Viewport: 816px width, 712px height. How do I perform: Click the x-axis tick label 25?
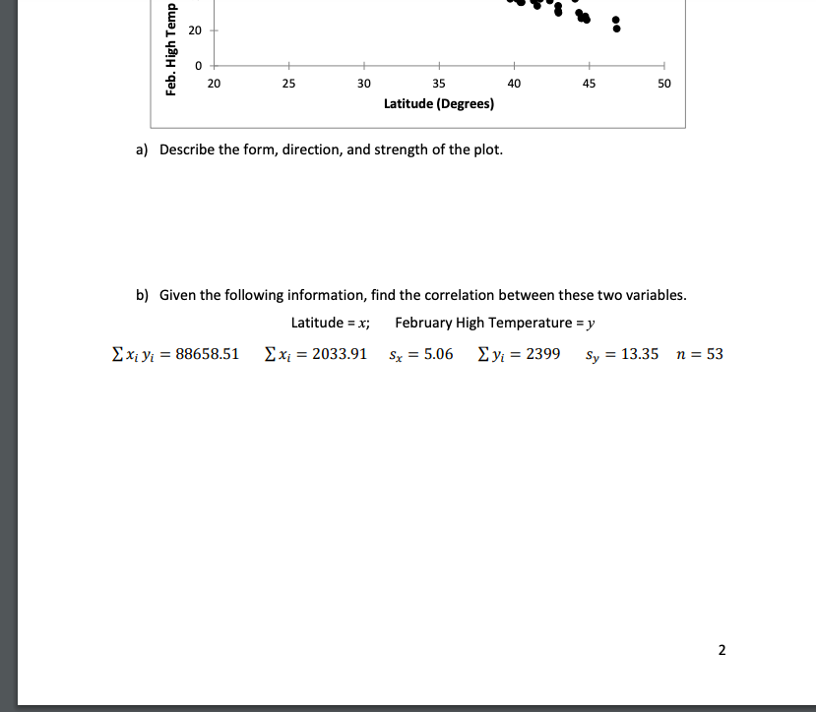pos(288,85)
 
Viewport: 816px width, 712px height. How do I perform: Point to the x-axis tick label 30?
pos(364,85)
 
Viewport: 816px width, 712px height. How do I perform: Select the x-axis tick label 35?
pos(439,85)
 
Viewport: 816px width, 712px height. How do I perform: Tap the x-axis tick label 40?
pos(514,85)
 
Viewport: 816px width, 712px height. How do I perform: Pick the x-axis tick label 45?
pos(589,85)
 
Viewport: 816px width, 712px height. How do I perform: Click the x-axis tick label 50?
pos(664,85)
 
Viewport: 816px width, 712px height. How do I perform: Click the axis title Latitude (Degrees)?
pos(439,103)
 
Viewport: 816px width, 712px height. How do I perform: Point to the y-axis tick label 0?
pos(197,66)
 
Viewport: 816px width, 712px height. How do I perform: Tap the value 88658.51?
pos(207,354)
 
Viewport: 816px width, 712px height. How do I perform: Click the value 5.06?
pos(437,354)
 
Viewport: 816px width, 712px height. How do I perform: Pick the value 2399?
pos(543,354)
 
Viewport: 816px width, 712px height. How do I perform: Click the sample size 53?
pos(715,354)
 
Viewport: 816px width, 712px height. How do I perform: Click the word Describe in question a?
pos(187,149)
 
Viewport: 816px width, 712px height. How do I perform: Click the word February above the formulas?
pos(424,323)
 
